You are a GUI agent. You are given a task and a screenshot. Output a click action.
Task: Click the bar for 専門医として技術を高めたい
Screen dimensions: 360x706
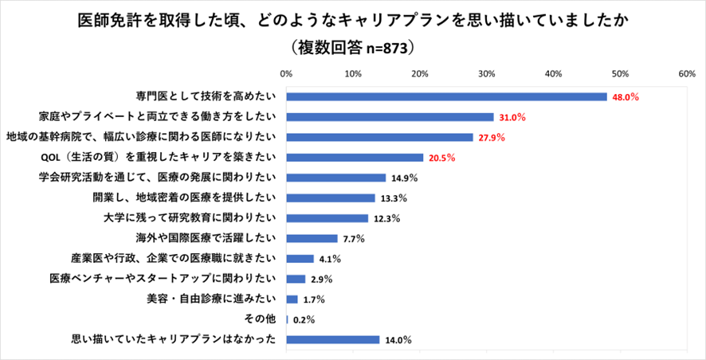click(446, 96)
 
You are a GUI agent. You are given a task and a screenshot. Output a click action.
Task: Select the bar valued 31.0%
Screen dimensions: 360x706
click(390, 117)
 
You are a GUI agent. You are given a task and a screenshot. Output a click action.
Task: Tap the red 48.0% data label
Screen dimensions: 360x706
click(626, 97)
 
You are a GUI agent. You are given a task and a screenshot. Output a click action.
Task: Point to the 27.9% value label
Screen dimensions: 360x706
click(491, 138)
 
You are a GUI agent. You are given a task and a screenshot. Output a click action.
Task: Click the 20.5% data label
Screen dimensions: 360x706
click(441, 158)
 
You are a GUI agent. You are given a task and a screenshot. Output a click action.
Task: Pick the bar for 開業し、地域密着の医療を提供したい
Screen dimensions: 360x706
click(331, 198)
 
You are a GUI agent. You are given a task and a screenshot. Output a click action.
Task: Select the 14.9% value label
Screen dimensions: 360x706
click(404, 178)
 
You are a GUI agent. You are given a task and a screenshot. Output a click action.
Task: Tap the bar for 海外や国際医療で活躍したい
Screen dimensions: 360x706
click(312, 238)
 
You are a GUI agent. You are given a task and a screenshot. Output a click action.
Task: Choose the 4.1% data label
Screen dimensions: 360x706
click(330, 259)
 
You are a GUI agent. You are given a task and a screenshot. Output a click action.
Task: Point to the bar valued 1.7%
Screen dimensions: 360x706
click(292, 299)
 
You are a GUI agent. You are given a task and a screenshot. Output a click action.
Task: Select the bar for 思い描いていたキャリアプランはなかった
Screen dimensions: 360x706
click(333, 340)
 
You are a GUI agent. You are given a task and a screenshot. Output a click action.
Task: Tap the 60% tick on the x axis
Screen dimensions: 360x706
click(687, 72)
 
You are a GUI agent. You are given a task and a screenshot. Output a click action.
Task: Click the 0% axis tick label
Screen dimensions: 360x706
click(287, 72)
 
